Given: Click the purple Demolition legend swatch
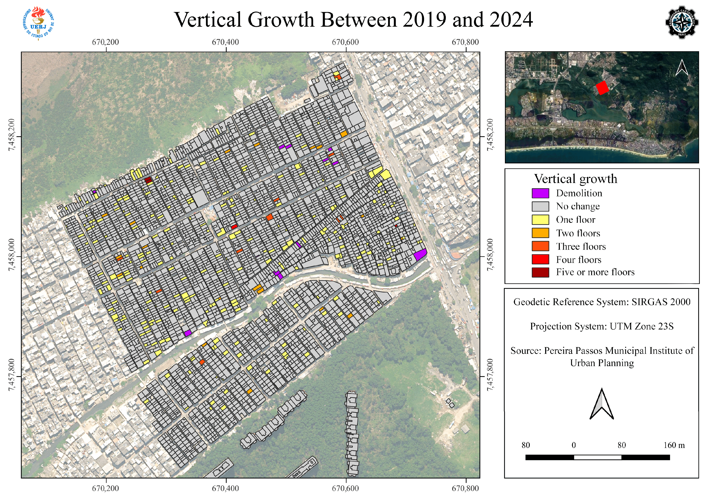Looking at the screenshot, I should [x=540, y=193].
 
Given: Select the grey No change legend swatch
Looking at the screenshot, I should [x=540, y=206].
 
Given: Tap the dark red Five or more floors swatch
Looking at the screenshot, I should [x=540, y=272].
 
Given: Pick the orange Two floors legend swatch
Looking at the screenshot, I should [x=540, y=233].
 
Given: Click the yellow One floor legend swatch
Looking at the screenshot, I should [x=540, y=220].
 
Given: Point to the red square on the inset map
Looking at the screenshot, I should [x=602, y=88].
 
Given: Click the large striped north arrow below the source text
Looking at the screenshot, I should [x=601, y=404].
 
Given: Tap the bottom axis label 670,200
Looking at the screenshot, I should [x=105, y=488].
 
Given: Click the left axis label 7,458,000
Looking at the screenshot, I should [x=11, y=255].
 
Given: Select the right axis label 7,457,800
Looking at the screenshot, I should [x=490, y=375].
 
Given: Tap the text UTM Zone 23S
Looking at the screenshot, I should [x=641, y=326].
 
